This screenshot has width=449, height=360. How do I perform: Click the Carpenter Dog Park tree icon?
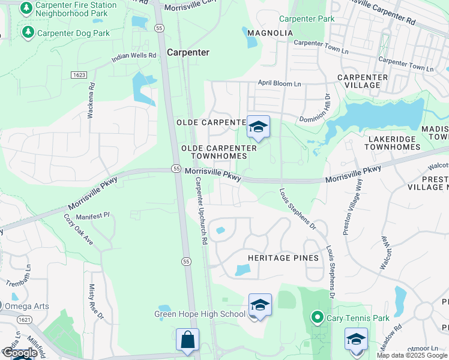(28, 32)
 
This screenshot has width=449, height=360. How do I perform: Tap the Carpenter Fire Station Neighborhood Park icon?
(26, 8)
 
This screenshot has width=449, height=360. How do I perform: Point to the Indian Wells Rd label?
(134, 58)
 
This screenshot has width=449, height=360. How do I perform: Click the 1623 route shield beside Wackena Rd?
(78, 75)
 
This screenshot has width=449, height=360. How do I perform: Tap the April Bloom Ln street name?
(279, 83)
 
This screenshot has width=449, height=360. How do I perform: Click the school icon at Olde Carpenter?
(258, 127)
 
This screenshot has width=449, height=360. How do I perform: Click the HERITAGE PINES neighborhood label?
(283, 258)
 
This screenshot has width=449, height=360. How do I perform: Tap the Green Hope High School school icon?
(260, 305)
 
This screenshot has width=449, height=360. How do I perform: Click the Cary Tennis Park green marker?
(316, 317)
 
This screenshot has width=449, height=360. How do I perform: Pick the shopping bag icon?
(187, 339)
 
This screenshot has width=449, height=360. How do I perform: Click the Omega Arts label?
(26, 306)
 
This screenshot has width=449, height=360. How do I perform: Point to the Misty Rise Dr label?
(92, 302)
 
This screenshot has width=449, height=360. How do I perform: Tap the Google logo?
(19, 353)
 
